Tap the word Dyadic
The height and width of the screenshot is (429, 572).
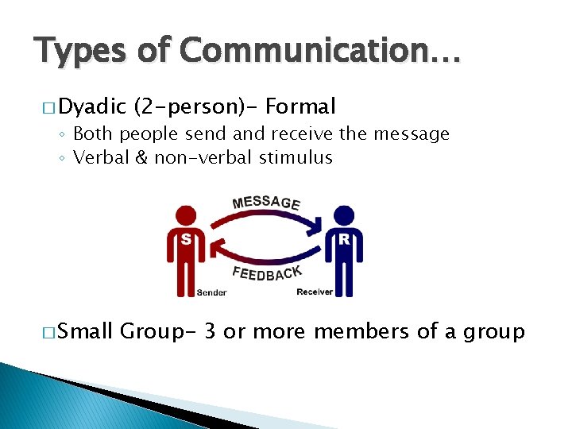92,106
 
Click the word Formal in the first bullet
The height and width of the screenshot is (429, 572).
301,106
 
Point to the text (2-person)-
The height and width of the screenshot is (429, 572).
196,106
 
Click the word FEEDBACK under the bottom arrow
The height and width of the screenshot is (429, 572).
267,272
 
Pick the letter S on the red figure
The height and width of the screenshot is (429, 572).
186,238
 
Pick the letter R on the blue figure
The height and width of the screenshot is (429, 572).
344,238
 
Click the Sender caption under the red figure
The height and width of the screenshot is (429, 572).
211,292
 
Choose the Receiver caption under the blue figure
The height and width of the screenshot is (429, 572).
315,292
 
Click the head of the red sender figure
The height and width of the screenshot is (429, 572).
186,215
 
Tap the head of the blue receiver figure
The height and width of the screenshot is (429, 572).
344,215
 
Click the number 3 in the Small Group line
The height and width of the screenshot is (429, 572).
210,331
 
